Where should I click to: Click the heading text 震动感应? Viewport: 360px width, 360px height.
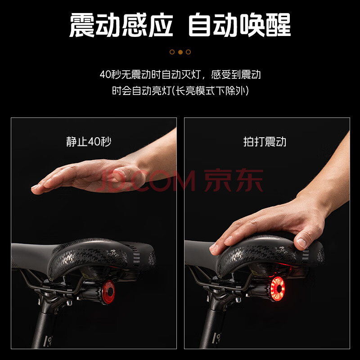121,25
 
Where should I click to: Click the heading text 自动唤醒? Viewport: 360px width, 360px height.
239,25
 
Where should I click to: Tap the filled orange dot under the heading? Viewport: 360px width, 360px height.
180,52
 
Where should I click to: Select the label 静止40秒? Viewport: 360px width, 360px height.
89,141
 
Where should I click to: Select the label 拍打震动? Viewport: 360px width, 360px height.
265,141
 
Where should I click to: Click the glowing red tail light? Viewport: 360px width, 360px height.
278,289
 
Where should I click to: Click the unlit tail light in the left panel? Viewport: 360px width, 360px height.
108,292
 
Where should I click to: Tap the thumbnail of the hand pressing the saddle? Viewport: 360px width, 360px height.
267,233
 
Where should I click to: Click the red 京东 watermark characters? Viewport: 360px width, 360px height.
234,180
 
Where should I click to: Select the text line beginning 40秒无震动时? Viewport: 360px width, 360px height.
180,74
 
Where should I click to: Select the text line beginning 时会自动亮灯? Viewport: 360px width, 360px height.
180,91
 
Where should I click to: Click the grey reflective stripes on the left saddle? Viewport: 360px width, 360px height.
136,257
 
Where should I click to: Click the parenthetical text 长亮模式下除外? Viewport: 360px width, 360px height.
211,91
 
